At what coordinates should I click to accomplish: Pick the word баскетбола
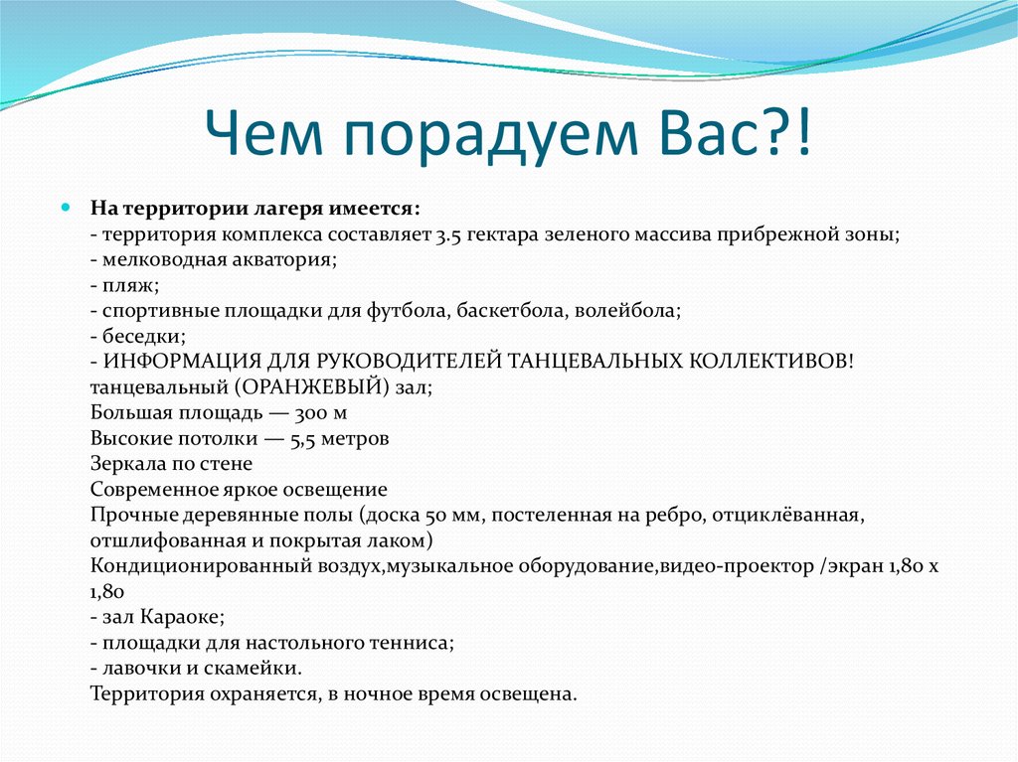[511, 310]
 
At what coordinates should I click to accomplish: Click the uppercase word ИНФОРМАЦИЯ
[171, 362]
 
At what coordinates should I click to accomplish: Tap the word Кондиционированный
[187, 566]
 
